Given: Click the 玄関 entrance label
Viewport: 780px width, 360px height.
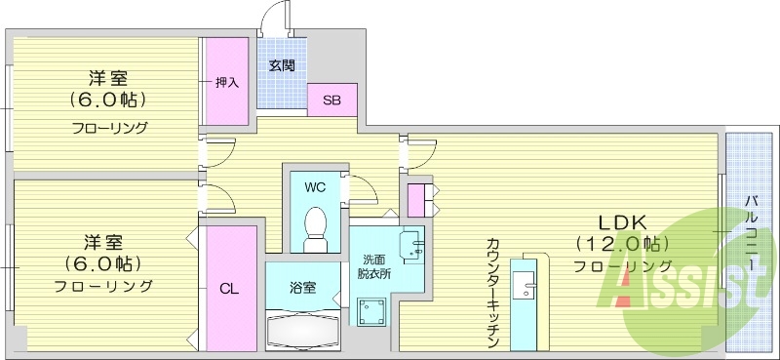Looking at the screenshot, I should pyautogui.click(x=282, y=66).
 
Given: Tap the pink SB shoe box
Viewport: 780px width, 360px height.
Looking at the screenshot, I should pyautogui.click(x=331, y=100).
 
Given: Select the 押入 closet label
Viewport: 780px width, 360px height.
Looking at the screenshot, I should pyautogui.click(x=226, y=83).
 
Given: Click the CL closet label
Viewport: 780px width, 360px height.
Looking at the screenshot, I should pyautogui.click(x=228, y=288).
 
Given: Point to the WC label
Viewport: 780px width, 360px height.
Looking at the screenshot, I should pyautogui.click(x=314, y=186).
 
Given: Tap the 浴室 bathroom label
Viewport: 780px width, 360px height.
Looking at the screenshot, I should pyautogui.click(x=302, y=288).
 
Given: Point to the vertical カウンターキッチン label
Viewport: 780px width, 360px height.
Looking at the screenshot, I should pyautogui.click(x=491, y=293).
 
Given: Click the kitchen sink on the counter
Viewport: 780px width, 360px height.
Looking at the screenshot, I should pyautogui.click(x=526, y=288).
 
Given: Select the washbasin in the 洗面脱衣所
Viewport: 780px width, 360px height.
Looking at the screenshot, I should pyautogui.click(x=412, y=243).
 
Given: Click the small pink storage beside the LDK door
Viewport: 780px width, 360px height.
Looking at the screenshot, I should pyautogui.click(x=417, y=200).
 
